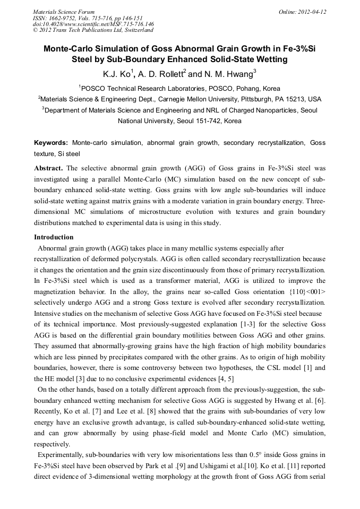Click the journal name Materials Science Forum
64,12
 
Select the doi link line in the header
93,24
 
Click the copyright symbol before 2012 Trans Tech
36,30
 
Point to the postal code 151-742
197,121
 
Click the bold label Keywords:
51,143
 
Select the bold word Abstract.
49,168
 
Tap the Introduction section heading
54,237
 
